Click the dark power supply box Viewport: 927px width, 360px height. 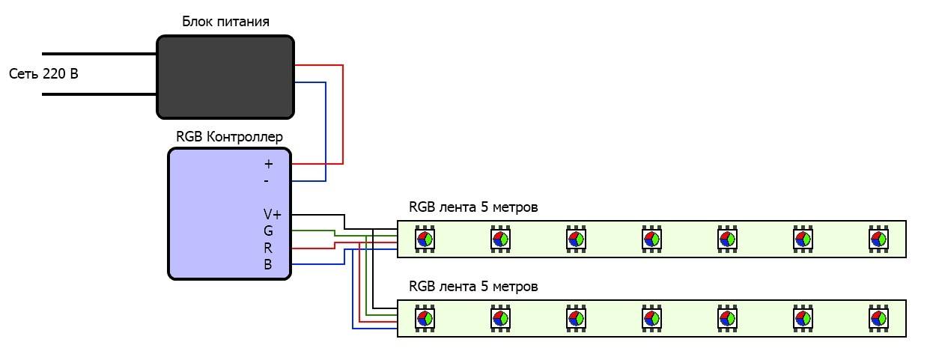pos(225,76)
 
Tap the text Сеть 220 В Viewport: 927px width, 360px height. pos(43,74)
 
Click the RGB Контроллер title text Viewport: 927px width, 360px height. pos(229,136)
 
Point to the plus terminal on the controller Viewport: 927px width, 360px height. pos(269,163)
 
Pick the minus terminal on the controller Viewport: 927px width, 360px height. pos(267,180)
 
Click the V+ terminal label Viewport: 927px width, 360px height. pos(273,215)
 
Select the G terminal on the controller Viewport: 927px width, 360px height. pos(268,231)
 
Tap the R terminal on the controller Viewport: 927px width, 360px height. pos(268,248)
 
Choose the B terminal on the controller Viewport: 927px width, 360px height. pos(268,264)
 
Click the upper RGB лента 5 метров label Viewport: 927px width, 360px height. pos(473,207)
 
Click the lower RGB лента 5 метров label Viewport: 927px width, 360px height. pos(473,287)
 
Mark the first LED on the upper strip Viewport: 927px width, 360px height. pos(425,239)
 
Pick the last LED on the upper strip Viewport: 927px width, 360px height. pos(878,239)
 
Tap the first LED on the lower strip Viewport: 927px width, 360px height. pos(425,318)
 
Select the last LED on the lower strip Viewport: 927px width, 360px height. pos(878,318)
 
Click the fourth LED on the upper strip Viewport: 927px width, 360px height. pos(651,239)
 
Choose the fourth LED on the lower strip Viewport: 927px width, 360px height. pos(651,318)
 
